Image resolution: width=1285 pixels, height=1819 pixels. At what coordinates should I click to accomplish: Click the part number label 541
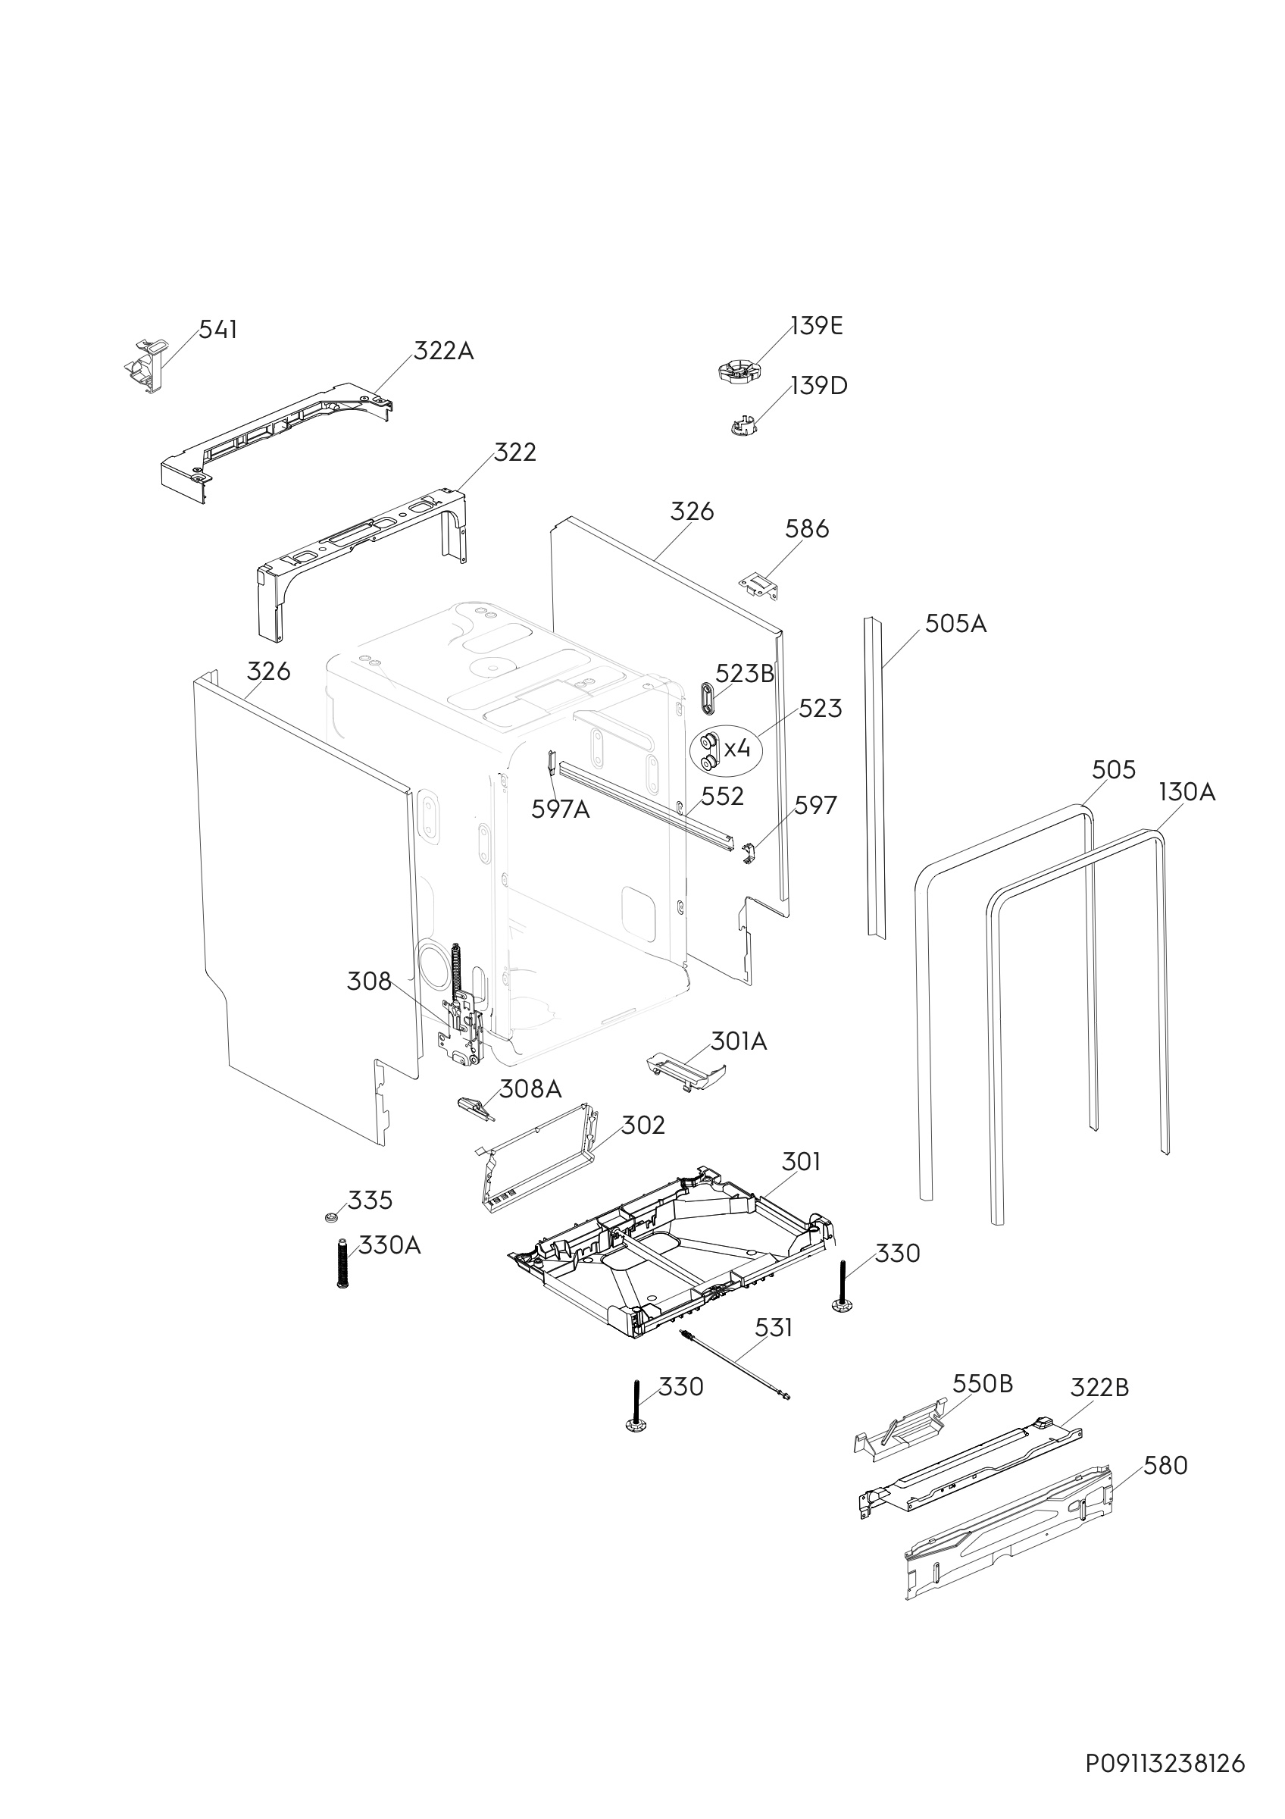(x=217, y=330)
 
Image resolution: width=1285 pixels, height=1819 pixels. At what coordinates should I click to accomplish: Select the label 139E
(x=816, y=326)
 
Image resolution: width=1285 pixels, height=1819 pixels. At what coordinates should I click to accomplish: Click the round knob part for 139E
(x=738, y=370)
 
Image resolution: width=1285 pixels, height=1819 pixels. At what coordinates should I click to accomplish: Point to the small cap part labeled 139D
(x=743, y=426)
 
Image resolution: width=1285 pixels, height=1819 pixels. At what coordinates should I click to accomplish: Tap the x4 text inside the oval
(x=737, y=747)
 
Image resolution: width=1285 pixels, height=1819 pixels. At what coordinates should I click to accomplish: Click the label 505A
(x=955, y=625)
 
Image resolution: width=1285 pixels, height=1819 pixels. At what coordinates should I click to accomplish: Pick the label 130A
(x=1186, y=791)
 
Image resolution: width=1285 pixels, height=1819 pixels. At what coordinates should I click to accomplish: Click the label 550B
(x=982, y=1383)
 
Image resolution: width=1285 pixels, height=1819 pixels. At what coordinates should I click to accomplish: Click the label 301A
(x=738, y=1041)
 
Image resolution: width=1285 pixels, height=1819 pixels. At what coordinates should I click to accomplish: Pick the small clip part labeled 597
(x=749, y=853)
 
